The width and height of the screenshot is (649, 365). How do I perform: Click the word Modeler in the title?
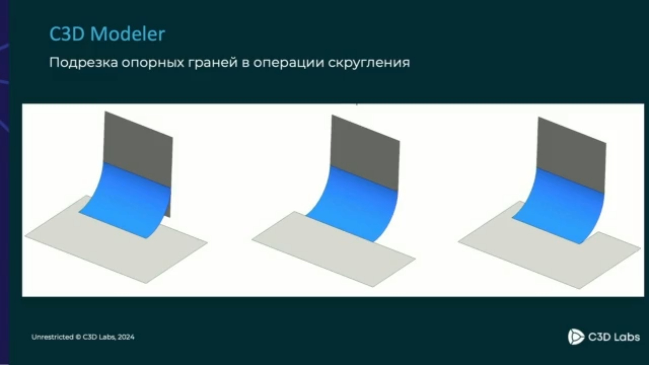click(128, 34)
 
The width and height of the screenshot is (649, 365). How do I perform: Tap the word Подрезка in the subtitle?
click(83, 63)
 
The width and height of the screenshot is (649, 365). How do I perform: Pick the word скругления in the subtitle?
click(369, 63)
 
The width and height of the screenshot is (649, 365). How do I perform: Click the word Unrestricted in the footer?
click(52, 337)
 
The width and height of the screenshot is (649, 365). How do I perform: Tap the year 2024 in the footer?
click(126, 337)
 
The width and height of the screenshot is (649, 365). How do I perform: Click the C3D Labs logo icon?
click(575, 337)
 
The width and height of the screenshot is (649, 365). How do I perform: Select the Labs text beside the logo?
click(626, 337)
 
